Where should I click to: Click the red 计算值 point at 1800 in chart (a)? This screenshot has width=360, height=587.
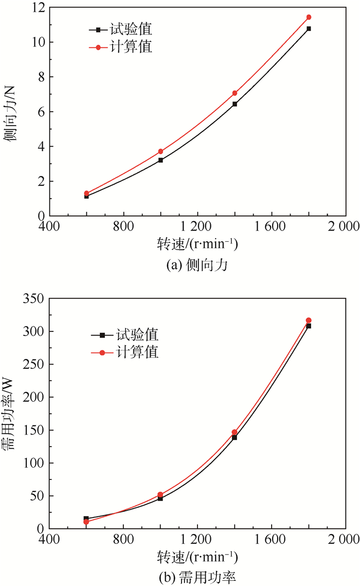[309, 17]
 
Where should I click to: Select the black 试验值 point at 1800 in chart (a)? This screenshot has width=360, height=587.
[309, 29]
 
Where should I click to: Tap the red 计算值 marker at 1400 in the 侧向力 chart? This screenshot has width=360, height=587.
[235, 93]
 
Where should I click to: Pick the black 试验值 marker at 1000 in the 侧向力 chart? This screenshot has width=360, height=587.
[160, 160]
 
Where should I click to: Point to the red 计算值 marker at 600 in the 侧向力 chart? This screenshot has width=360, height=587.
[86, 193]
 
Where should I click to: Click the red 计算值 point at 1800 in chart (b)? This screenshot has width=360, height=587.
[309, 321]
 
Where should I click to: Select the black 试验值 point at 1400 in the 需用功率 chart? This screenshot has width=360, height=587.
[235, 437]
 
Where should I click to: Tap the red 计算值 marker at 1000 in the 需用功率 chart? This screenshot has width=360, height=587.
[160, 494]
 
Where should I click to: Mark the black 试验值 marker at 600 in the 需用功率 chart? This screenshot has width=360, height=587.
[86, 519]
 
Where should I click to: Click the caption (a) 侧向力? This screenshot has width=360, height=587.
[197, 265]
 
